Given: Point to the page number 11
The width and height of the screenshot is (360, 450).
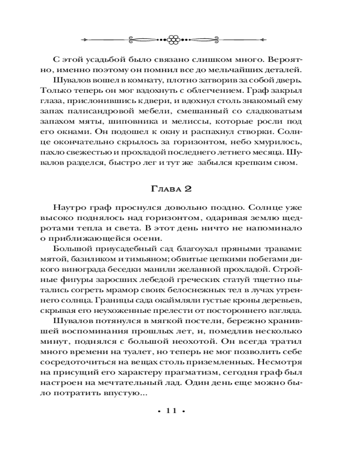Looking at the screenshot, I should tap(173, 410).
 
